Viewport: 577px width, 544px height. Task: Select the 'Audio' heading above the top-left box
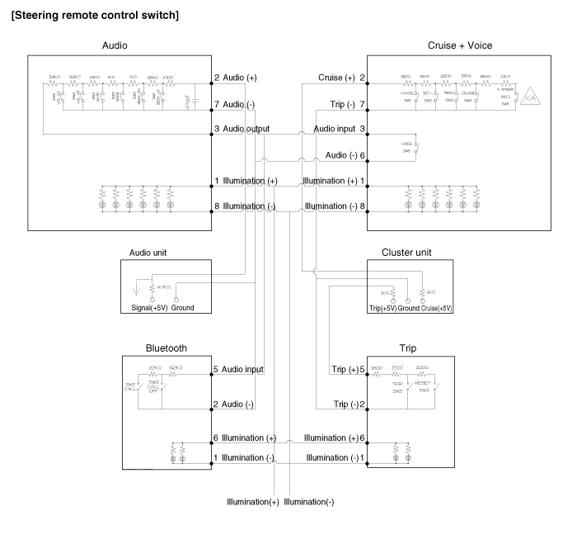(121, 45)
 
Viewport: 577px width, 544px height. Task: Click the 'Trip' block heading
(410, 348)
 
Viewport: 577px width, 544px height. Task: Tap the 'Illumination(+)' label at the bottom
(251, 502)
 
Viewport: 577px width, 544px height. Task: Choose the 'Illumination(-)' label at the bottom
(308, 502)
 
